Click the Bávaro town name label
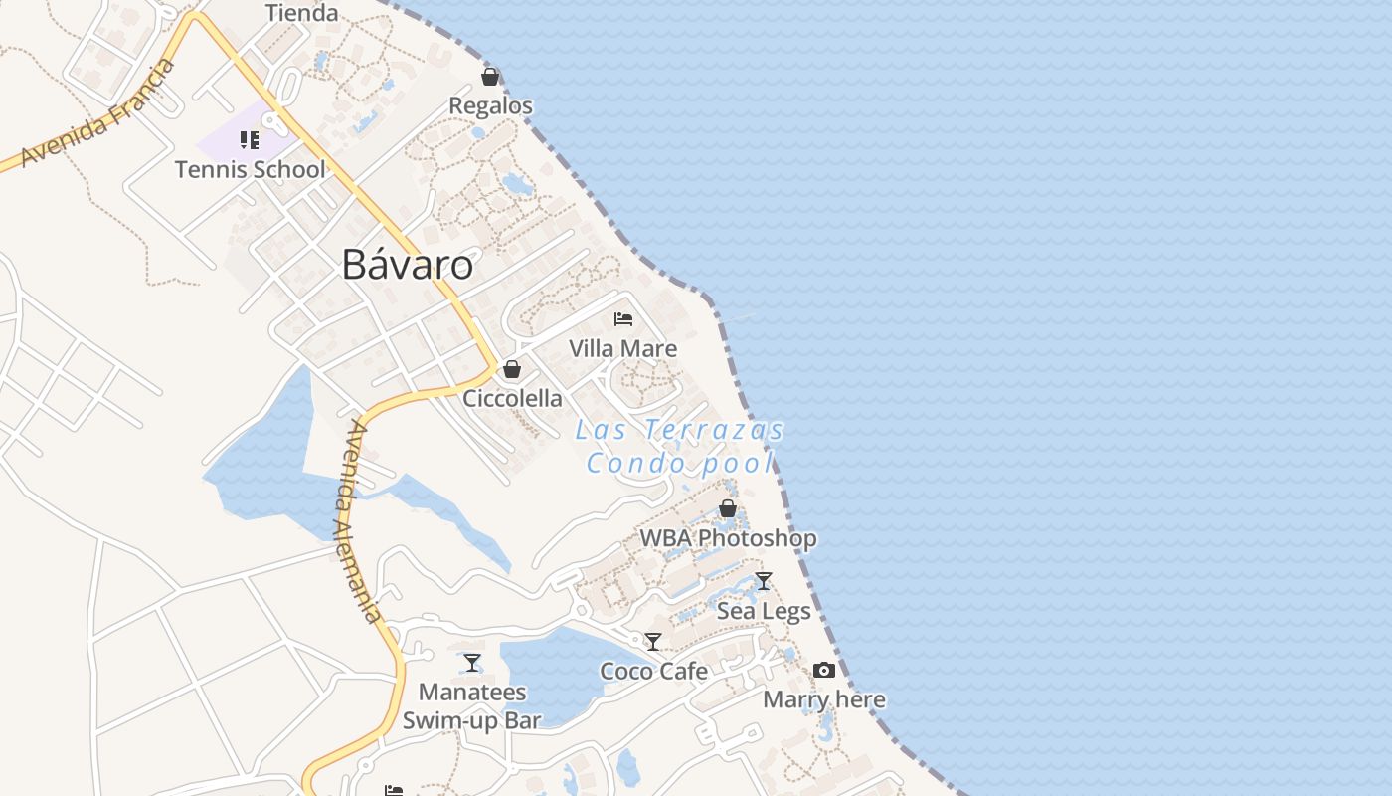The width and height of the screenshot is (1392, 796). (x=408, y=265)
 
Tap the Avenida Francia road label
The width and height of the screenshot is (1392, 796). (x=97, y=111)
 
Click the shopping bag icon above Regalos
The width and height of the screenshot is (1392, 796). (x=490, y=77)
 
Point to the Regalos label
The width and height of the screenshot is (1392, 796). (x=490, y=106)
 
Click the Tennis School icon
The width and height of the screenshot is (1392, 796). (x=250, y=140)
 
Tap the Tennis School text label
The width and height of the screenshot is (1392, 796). (x=250, y=170)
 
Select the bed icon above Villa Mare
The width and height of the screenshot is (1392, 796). (x=623, y=319)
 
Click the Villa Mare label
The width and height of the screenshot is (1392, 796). (x=623, y=349)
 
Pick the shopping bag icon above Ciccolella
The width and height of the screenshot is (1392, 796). (x=512, y=369)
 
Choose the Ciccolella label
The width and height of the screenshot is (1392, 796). (x=512, y=399)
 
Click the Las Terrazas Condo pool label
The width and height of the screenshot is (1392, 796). (x=680, y=447)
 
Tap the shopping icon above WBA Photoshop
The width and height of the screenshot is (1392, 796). (x=728, y=508)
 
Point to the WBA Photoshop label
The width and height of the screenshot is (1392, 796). (x=728, y=538)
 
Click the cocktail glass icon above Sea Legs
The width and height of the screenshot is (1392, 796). (x=764, y=581)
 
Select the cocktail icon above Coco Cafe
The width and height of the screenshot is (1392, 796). (x=653, y=642)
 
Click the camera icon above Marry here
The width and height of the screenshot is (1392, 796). (x=824, y=671)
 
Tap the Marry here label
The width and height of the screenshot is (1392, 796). (x=824, y=700)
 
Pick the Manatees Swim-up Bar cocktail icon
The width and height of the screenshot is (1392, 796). (x=472, y=663)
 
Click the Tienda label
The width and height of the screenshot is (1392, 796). (x=302, y=13)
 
